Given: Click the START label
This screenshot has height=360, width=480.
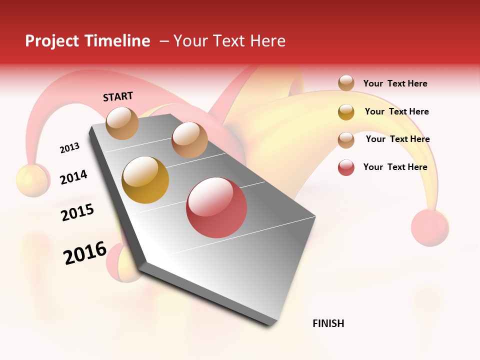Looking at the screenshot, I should pyautogui.click(x=118, y=96).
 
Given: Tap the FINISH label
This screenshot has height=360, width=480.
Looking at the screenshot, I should pyautogui.click(x=328, y=323).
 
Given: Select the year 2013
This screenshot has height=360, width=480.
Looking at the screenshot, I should pyautogui.click(x=69, y=148).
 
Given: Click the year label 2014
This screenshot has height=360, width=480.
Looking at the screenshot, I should pyautogui.click(x=73, y=177).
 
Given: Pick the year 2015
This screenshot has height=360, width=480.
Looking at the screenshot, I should pyautogui.click(x=77, y=212).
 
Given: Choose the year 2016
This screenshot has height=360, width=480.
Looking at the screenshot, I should pyautogui.click(x=85, y=253).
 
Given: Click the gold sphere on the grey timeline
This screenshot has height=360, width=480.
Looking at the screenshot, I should pyautogui.click(x=145, y=180).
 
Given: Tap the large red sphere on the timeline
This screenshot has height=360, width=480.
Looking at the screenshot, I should pyautogui.click(x=216, y=207).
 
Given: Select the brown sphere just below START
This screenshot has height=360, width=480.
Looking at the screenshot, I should pyautogui.click(x=122, y=123).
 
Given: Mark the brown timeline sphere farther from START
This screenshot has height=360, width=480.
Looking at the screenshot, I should pyautogui.click(x=189, y=140).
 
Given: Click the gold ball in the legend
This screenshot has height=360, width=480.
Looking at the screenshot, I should pyautogui.click(x=346, y=111).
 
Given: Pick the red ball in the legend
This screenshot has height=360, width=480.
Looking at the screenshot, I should pyautogui.click(x=346, y=167).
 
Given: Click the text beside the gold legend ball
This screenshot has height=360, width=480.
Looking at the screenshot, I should pyautogui.click(x=396, y=111).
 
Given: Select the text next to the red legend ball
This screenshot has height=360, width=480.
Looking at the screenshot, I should pyautogui.click(x=395, y=167).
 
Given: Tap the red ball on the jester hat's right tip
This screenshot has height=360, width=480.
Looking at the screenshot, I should pyautogui.click(x=430, y=227).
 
